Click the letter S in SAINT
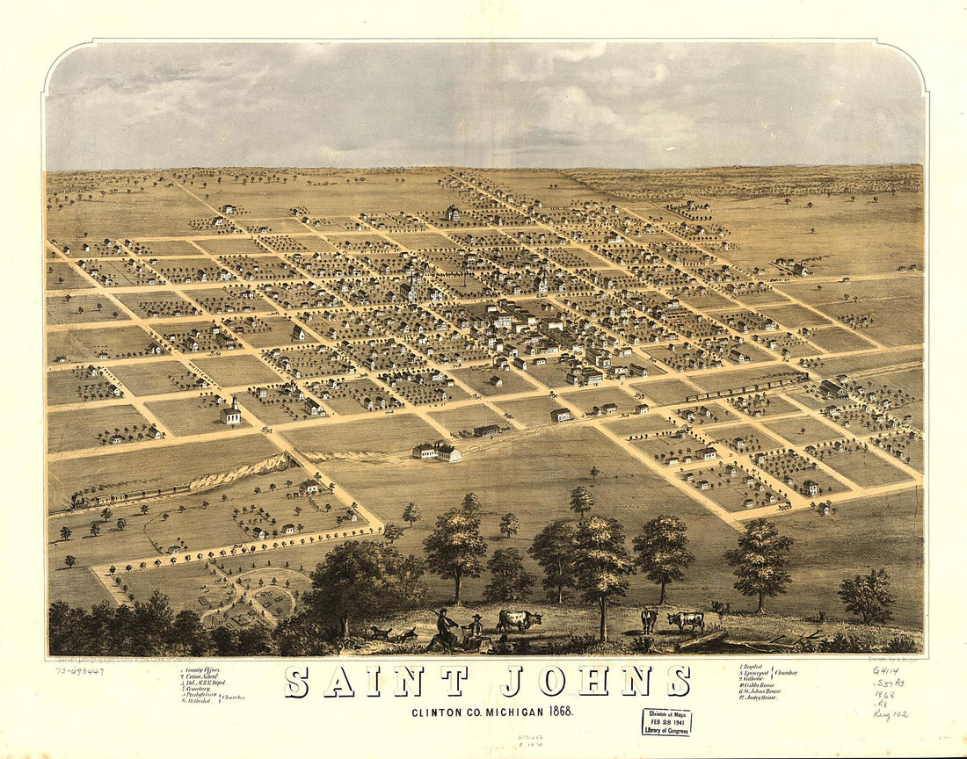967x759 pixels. coord(296,682)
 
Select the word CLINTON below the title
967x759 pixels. coord(438,711)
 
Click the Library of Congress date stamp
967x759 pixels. coord(665,721)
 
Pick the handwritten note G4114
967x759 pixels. coord(886,670)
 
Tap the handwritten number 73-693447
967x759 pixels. coord(80,671)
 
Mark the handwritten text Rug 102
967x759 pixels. coord(890,715)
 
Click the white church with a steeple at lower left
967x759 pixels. coord(231,413)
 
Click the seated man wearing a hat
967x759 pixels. coord(475,632)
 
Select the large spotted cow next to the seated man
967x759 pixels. coord(519,620)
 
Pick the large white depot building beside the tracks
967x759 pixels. coord(437,452)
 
